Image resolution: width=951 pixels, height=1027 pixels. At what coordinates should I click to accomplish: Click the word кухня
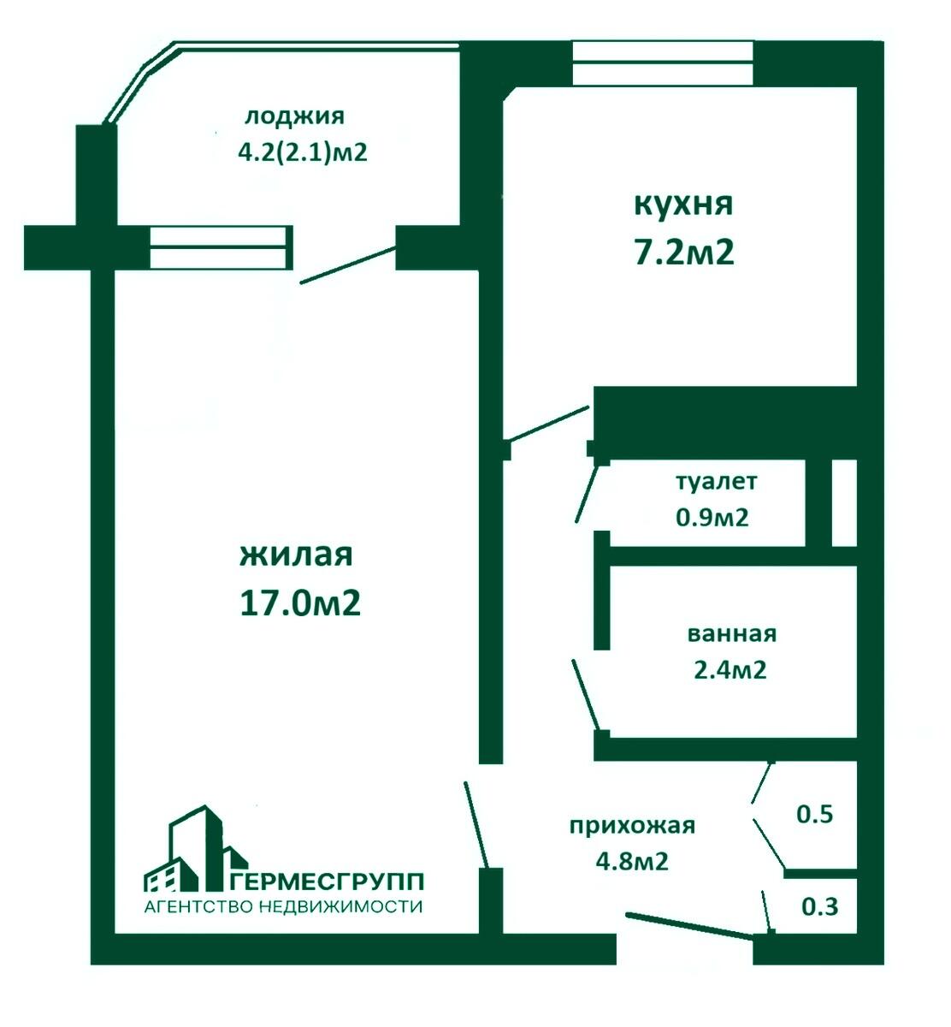pyautogui.click(x=682, y=205)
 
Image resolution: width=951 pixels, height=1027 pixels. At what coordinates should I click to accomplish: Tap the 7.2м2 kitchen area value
pyautogui.click(x=682, y=253)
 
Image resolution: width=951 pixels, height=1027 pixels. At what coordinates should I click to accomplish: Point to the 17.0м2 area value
pyautogui.click(x=300, y=604)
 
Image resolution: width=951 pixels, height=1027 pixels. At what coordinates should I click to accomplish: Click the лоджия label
pyautogui.click(x=294, y=116)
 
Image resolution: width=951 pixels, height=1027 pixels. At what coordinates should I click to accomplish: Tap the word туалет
pyautogui.click(x=716, y=481)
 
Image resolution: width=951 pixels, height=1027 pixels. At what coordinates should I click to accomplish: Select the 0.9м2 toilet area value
pyautogui.click(x=712, y=517)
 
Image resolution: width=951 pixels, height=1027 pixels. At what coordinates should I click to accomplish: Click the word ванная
pyautogui.click(x=731, y=634)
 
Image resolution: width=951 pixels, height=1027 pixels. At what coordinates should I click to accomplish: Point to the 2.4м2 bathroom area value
pyautogui.click(x=729, y=669)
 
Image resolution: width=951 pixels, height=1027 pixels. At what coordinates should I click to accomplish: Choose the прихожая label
pyautogui.click(x=632, y=826)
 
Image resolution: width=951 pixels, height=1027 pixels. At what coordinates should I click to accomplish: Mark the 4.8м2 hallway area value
pyautogui.click(x=632, y=861)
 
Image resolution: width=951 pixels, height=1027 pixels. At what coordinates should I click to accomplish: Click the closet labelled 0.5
pyautogui.click(x=814, y=814)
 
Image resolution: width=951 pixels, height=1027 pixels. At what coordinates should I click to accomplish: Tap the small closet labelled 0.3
pyautogui.click(x=819, y=906)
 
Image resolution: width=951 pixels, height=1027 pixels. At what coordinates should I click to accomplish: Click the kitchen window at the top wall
pyautogui.click(x=663, y=63)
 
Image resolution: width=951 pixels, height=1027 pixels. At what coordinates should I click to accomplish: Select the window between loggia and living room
pyautogui.click(x=221, y=247)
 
